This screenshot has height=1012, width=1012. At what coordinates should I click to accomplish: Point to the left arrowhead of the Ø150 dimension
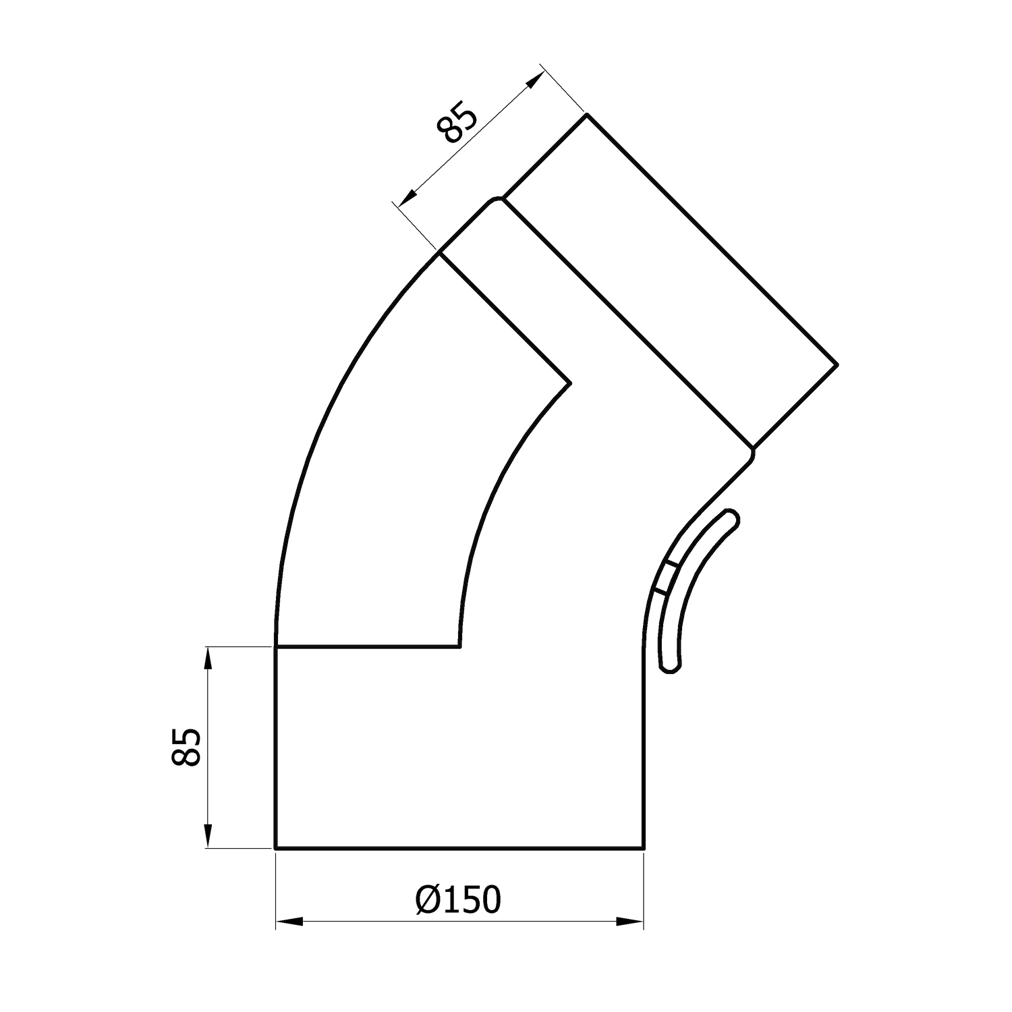(x=289, y=921)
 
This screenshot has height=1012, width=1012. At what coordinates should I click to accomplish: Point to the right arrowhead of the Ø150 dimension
(x=631, y=921)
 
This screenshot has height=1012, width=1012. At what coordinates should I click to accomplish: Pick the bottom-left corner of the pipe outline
(x=275, y=847)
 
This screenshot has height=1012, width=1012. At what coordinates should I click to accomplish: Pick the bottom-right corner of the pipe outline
(x=643, y=847)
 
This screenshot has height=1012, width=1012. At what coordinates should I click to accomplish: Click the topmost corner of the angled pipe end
(x=586, y=115)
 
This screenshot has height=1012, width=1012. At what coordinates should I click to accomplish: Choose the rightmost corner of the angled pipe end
(x=837, y=364)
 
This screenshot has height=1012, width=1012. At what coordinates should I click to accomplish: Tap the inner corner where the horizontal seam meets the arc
(x=459, y=646)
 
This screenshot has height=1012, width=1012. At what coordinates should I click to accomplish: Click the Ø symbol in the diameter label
(x=428, y=900)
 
